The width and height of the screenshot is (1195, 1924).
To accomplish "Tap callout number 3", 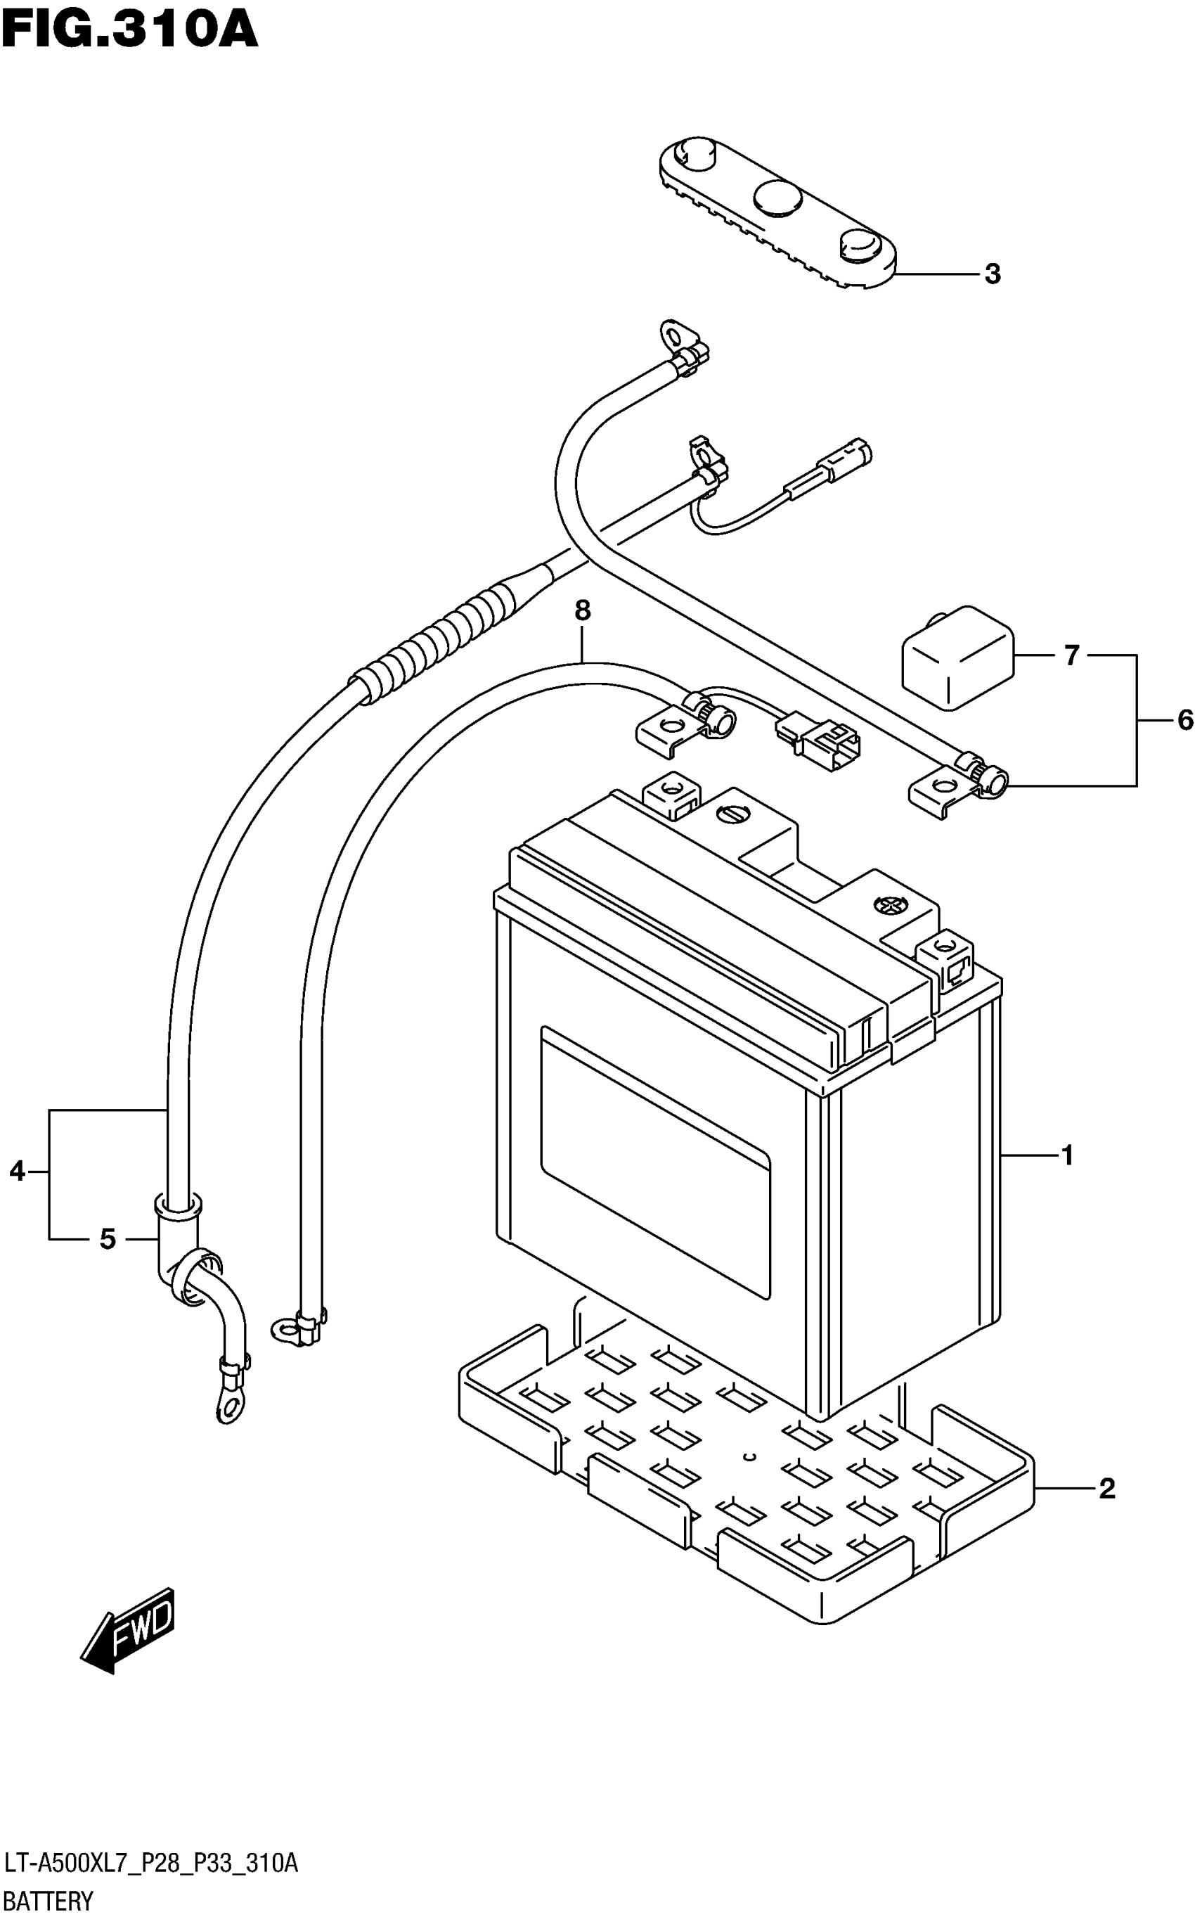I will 993,274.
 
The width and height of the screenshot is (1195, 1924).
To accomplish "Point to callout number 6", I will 1184,720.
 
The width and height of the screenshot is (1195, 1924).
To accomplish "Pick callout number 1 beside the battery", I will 1067,1155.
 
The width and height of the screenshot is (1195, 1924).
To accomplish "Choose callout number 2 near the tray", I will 1106,1489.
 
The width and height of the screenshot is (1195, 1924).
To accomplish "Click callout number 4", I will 18,1171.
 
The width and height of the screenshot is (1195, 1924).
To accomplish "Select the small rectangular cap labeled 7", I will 958,656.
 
